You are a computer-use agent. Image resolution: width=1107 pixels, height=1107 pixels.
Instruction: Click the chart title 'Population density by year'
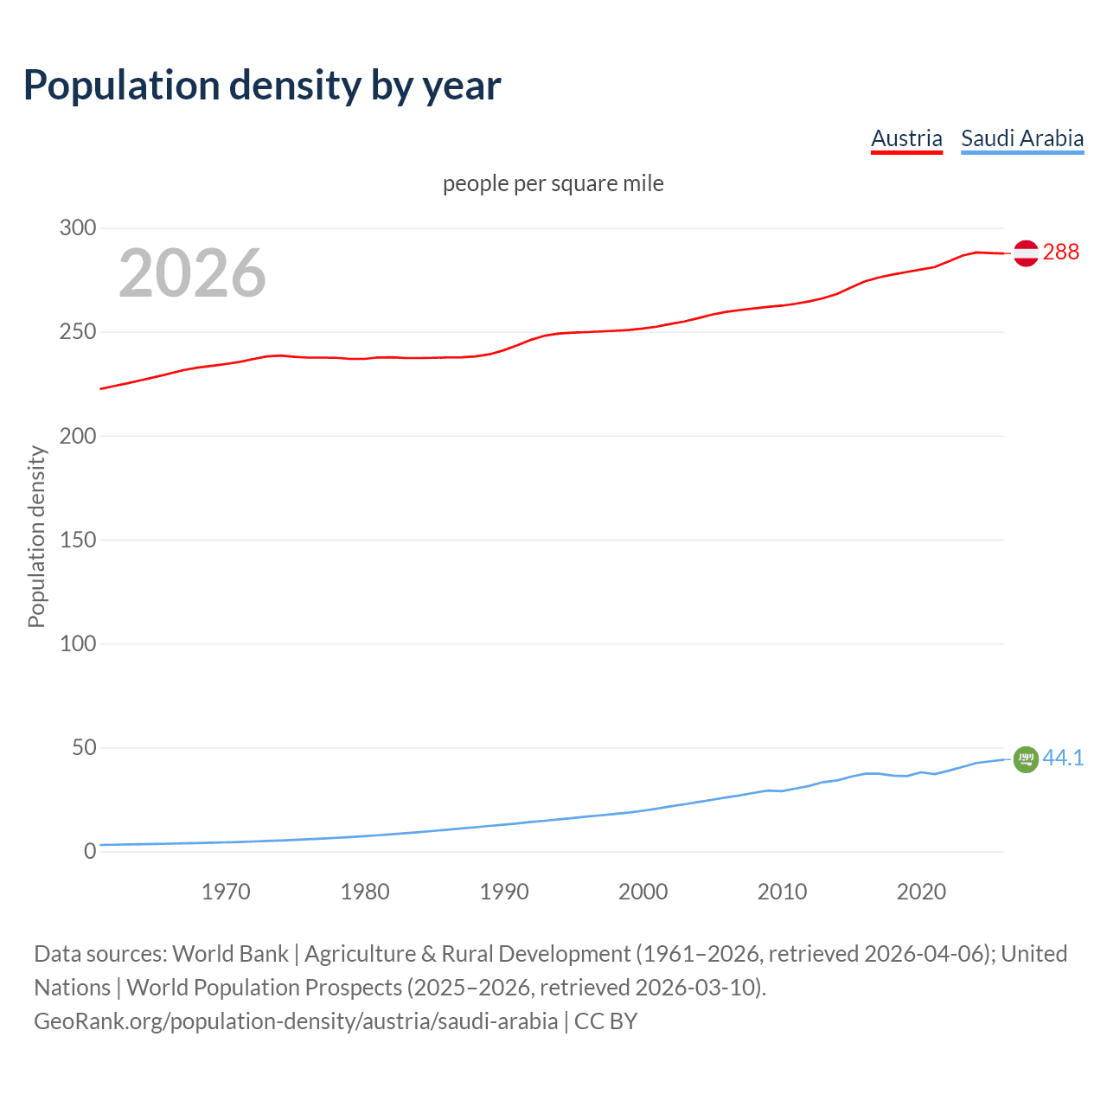click(262, 86)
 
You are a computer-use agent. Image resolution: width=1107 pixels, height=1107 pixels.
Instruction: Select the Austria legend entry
click(906, 138)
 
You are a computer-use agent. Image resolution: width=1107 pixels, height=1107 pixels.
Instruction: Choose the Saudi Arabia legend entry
click(1022, 138)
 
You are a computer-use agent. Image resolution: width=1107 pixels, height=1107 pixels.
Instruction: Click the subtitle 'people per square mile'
click(553, 183)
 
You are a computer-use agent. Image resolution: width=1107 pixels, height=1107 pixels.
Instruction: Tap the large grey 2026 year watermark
click(192, 273)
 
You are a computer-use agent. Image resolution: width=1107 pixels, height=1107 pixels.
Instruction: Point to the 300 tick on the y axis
click(78, 228)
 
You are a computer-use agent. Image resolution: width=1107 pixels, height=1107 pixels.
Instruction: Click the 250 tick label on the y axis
click(78, 332)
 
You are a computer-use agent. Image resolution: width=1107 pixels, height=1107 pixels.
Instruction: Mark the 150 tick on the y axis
click(78, 540)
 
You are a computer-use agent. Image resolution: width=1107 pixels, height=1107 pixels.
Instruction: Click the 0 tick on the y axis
click(90, 851)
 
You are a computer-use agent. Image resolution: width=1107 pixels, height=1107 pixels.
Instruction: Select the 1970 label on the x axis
click(226, 892)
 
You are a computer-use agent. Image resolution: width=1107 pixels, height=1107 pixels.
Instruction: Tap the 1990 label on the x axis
click(504, 892)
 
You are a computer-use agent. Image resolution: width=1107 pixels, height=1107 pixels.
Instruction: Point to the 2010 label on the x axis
click(782, 892)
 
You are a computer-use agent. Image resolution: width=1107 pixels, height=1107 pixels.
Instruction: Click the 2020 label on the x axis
click(921, 892)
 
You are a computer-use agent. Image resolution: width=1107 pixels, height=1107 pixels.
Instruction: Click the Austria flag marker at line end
click(1026, 253)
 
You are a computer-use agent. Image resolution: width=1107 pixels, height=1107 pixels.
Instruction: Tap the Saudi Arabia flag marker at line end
click(1026, 759)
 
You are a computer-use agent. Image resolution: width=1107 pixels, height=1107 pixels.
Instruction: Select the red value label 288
click(1061, 252)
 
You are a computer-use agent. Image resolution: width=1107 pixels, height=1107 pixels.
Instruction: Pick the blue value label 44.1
click(1063, 758)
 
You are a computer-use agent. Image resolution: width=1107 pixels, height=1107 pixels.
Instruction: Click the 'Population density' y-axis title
click(36, 536)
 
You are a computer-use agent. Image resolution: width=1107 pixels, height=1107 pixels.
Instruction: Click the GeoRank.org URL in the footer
click(296, 1021)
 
